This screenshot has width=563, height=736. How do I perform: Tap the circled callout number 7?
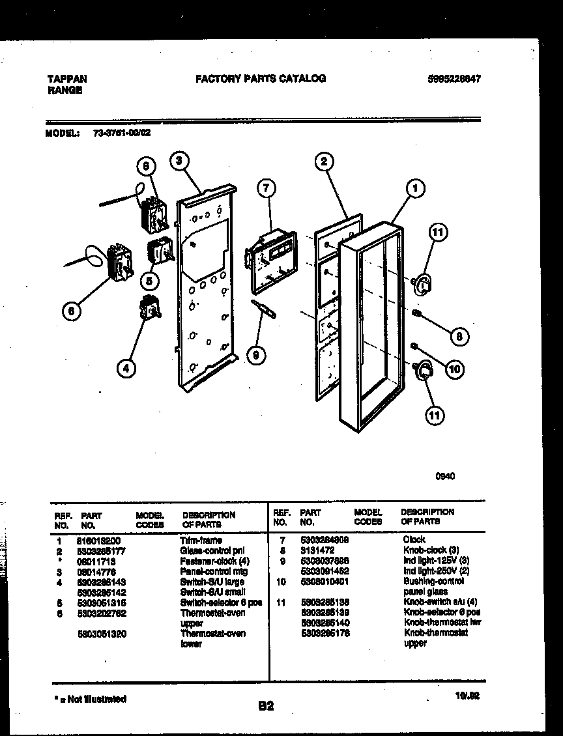[265, 189]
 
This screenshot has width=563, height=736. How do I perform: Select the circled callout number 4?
[126, 369]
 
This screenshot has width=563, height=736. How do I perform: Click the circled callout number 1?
[414, 190]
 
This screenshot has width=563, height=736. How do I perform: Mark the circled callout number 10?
[454, 369]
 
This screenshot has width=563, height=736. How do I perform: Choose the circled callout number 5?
[149, 281]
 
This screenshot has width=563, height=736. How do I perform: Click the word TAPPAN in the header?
[66, 79]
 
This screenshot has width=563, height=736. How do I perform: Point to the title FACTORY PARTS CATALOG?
[261, 79]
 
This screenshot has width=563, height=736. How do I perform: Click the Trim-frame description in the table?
[201, 540]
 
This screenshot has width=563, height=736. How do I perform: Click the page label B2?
[266, 705]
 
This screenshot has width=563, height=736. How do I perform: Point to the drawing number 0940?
[445, 476]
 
